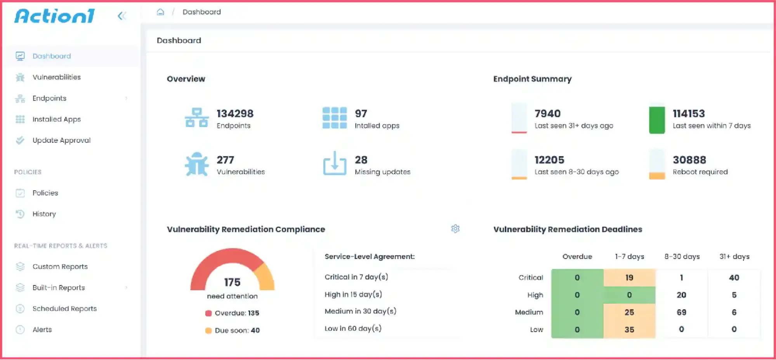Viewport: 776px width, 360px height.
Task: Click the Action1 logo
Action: pyautogui.click(x=54, y=16)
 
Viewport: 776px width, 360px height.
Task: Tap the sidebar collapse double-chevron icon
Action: pyautogui.click(x=122, y=16)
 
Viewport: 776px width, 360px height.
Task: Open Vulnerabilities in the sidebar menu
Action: pyautogui.click(x=57, y=77)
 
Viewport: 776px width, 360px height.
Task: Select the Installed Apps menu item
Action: pyautogui.click(x=57, y=119)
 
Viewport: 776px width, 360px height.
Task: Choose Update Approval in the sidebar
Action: pyautogui.click(x=61, y=140)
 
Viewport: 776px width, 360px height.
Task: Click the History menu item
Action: pyautogui.click(x=44, y=214)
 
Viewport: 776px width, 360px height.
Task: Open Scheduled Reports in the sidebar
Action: pyautogui.click(x=64, y=309)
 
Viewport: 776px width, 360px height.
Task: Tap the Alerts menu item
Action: pyautogui.click(x=42, y=330)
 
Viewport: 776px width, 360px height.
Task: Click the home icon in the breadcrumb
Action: pyautogui.click(x=160, y=12)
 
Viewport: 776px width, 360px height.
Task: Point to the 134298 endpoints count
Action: pyautogui.click(x=235, y=114)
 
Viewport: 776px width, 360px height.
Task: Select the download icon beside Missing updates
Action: pyautogui.click(x=335, y=163)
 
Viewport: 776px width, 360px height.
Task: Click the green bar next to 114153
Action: pyautogui.click(x=657, y=120)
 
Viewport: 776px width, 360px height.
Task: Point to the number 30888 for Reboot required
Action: pyautogui.click(x=689, y=160)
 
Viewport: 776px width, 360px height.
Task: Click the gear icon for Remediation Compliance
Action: pyautogui.click(x=455, y=229)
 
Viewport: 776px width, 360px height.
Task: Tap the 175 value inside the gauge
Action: pyautogui.click(x=232, y=282)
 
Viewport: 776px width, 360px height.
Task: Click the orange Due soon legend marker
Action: pyautogui.click(x=208, y=330)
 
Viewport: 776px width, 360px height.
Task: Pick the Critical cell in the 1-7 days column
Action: pyautogui.click(x=629, y=278)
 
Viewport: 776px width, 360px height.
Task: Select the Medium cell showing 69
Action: pyautogui.click(x=681, y=312)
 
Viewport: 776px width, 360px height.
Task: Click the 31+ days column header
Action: pyautogui.click(x=734, y=257)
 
